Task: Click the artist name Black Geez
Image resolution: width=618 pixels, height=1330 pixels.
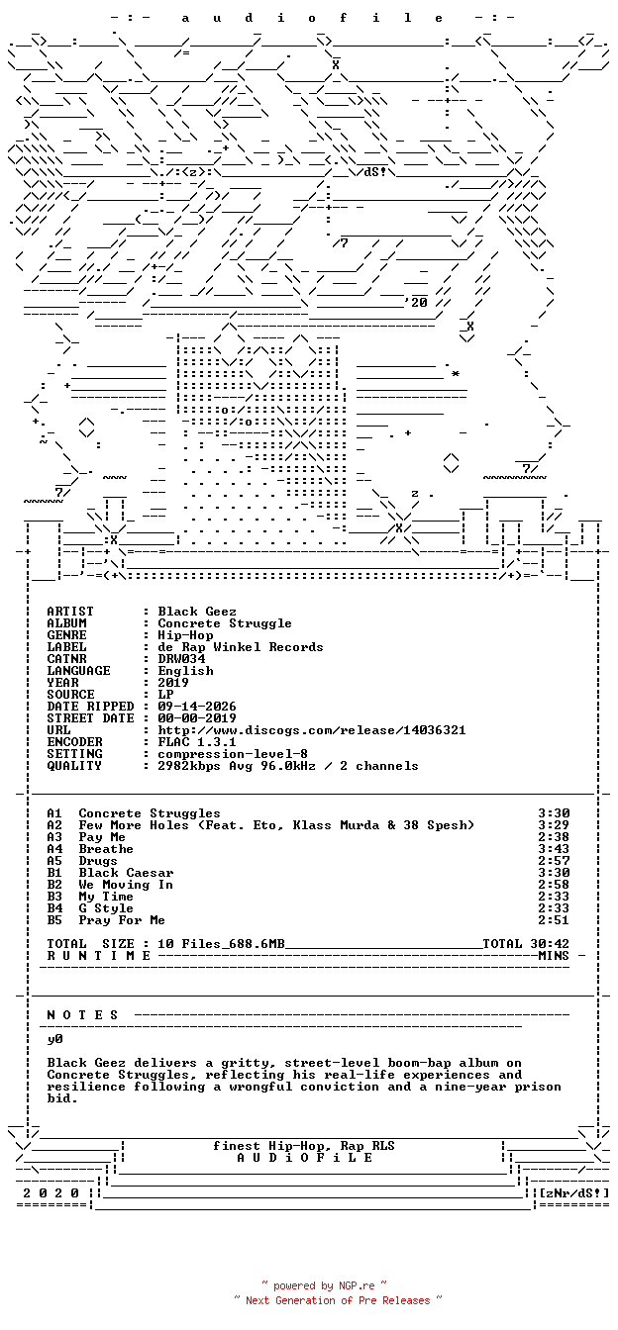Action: tap(197, 612)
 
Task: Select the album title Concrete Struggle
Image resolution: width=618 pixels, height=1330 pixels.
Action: tap(225, 623)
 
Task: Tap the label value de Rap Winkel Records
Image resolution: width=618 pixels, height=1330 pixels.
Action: tap(240, 647)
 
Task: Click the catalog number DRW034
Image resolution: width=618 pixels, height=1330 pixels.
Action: tap(181, 659)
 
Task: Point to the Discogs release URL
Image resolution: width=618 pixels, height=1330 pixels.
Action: tap(311, 730)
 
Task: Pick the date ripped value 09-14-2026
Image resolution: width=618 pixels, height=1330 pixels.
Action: tap(197, 707)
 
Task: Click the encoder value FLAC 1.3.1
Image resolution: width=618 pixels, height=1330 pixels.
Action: tap(197, 742)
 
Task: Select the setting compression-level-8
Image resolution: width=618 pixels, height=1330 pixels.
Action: tap(233, 754)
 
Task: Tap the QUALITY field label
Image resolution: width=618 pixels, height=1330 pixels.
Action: tap(74, 766)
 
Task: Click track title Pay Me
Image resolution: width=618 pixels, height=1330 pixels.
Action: tap(102, 837)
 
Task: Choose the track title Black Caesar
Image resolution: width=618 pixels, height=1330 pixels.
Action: tap(126, 873)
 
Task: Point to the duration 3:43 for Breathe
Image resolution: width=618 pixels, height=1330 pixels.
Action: tap(554, 849)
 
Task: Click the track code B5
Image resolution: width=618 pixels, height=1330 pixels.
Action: tap(54, 920)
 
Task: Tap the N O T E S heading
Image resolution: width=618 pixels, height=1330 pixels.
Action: tap(82, 1015)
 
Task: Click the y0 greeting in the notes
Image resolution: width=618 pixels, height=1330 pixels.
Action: tap(54, 1039)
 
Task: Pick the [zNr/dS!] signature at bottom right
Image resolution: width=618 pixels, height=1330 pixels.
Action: tap(574, 1193)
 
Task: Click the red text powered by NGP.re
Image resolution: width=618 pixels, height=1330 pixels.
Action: tap(324, 1286)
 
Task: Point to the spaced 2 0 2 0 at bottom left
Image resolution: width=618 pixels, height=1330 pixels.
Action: tap(51, 1193)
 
